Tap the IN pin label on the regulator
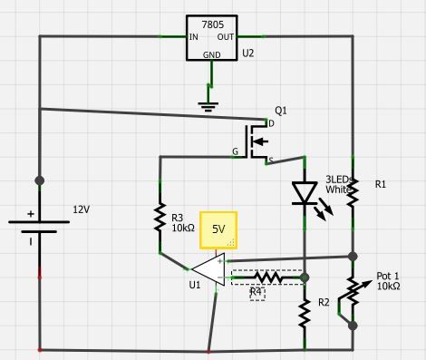[194, 38]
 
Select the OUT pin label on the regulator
[226, 38]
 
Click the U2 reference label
[247, 54]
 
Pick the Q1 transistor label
[280, 111]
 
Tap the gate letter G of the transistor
[236, 151]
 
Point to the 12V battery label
[81, 209]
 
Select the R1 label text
[381, 184]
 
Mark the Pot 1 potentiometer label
[388, 279]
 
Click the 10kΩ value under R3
[183, 229]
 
